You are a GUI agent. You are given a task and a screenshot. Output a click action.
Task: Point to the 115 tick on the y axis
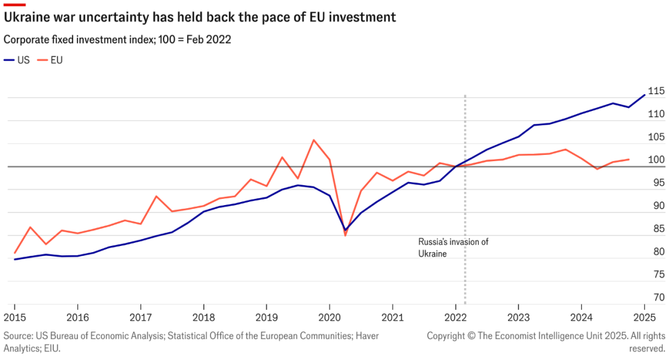click(656, 91)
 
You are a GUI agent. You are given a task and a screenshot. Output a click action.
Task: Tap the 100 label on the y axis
click(656, 160)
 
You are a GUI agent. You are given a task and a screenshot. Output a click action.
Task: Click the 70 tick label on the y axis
click(658, 297)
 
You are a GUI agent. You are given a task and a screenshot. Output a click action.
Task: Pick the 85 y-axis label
click(658, 229)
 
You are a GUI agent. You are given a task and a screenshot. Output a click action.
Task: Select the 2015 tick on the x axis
click(14, 317)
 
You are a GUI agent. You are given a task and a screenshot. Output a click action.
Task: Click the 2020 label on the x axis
click(329, 317)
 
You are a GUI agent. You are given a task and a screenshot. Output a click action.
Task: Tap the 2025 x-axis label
click(644, 317)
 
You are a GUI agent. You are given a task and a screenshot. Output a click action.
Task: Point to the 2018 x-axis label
click(203, 317)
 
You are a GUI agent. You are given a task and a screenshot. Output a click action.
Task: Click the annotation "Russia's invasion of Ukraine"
click(453, 248)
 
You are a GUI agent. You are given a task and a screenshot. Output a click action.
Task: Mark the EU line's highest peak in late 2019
click(313, 140)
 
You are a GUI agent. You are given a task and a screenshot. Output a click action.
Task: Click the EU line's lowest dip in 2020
click(346, 235)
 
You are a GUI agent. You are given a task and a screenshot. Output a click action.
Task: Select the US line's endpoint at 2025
click(645, 95)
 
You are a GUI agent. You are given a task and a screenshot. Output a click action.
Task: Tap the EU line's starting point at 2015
click(14, 253)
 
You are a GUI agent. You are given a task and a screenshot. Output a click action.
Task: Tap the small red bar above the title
click(14, 4)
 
